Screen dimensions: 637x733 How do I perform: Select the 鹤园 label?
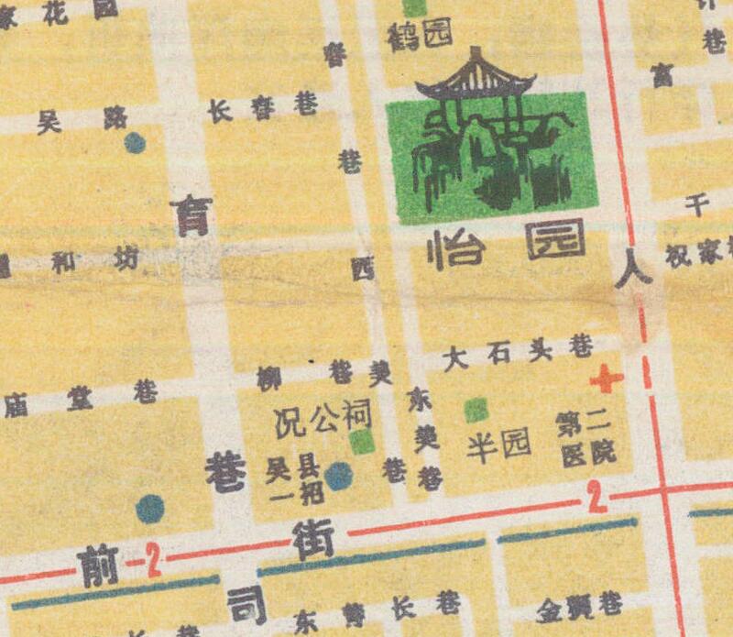pyautogui.click(x=421, y=36)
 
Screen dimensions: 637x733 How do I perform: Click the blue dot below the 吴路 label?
pyautogui.click(x=135, y=143)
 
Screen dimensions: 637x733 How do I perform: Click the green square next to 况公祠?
pyautogui.click(x=363, y=442)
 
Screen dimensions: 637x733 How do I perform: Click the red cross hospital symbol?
pyautogui.click(x=606, y=378)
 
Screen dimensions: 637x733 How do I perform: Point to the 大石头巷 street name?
pyautogui.click(x=517, y=353)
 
